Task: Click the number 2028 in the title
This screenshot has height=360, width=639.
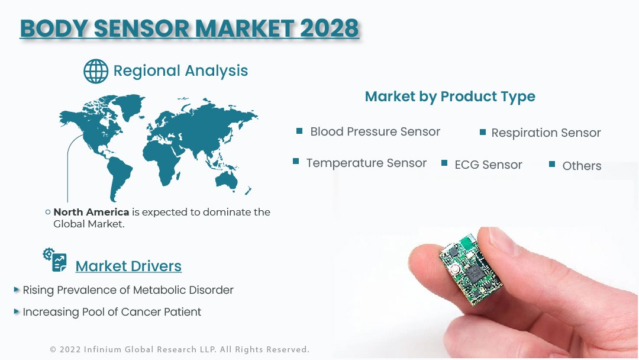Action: point(330,28)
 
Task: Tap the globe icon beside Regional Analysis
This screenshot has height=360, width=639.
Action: point(96,71)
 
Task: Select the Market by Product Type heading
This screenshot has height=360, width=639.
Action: point(450,97)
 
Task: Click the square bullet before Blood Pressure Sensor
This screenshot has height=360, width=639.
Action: point(299,131)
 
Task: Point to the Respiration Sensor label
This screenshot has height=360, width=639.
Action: point(546,133)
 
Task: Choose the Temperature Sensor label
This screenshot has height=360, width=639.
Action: point(366,163)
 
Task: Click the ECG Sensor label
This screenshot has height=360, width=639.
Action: point(488,165)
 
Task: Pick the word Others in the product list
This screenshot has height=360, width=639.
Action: point(582,166)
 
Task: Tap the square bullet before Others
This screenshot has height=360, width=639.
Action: point(552,164)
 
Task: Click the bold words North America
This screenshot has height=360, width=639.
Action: point(91,212)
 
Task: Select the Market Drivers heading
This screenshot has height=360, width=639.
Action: point(128,266)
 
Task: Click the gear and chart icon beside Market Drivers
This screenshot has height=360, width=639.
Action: point(54,259)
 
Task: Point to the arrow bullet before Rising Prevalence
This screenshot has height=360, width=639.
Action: point(17,290)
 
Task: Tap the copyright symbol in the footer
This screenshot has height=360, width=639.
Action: point(53,349)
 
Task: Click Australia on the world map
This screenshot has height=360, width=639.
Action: point(227,181)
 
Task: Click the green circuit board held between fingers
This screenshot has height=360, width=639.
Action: point(471,269)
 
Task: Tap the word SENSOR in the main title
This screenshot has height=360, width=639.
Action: point(141,28)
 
